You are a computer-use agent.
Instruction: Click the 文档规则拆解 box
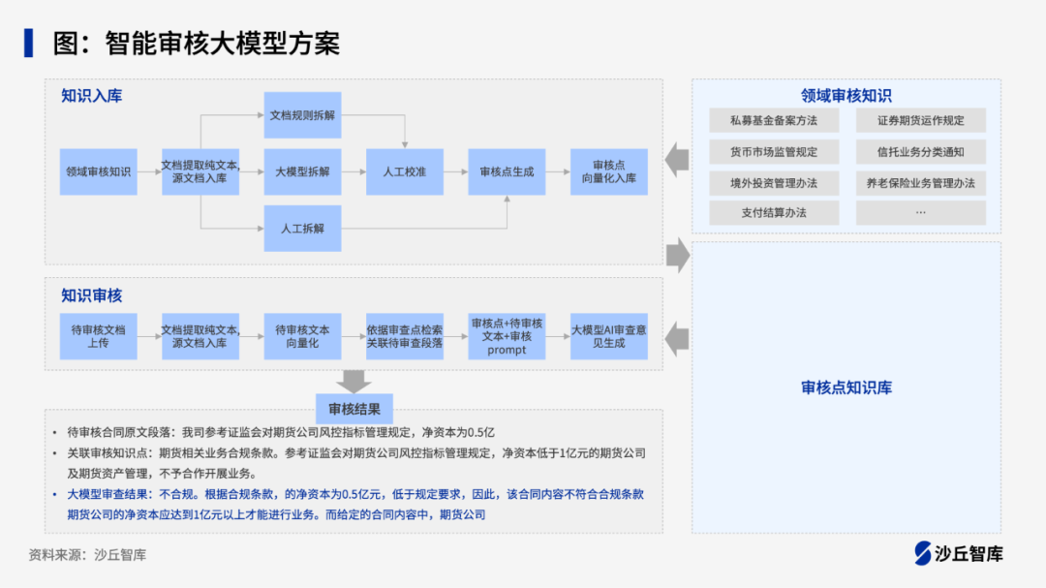click(302, 114)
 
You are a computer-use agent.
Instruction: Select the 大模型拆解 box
click(302, 171)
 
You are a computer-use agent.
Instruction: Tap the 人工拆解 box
click(302, 229)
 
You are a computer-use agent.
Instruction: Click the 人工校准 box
click(404, 171)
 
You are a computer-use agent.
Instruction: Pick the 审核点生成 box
click(507, 171)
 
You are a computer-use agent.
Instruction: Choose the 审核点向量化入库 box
click(608, 171)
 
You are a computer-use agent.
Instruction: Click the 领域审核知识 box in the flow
click(98, 171)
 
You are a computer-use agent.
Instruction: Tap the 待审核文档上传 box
click(98, 336)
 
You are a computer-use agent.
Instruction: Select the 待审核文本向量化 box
click(302, 336)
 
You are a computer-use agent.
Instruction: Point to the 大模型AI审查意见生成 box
click(608, 336)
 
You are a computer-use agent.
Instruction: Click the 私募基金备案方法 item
click(774, 121)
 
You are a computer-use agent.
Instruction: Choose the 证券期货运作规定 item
click(920, 121)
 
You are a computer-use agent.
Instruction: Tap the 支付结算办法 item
click(774, 213)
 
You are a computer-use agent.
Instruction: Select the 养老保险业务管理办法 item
click(920, 182)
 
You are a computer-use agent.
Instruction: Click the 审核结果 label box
click(354, 408)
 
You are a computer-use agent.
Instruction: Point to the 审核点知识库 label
click(846, 387)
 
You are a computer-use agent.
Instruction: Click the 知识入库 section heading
click(92, 96)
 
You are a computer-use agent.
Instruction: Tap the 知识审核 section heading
click(92, 295)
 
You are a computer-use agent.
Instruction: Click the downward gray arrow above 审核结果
click(354, 380)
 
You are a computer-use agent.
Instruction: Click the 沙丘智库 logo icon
click(922, 553)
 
